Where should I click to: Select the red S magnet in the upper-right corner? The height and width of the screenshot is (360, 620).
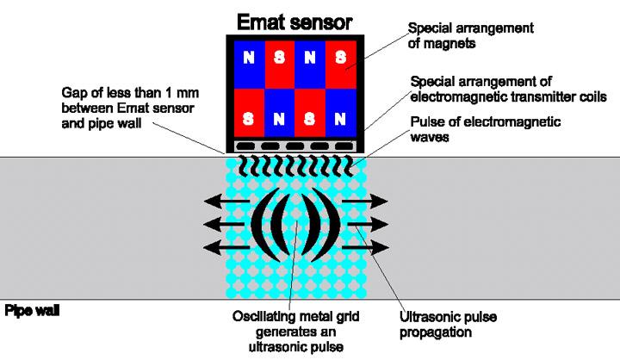tap(342, 59)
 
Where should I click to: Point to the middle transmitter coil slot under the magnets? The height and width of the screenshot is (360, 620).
tap(295, 146)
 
